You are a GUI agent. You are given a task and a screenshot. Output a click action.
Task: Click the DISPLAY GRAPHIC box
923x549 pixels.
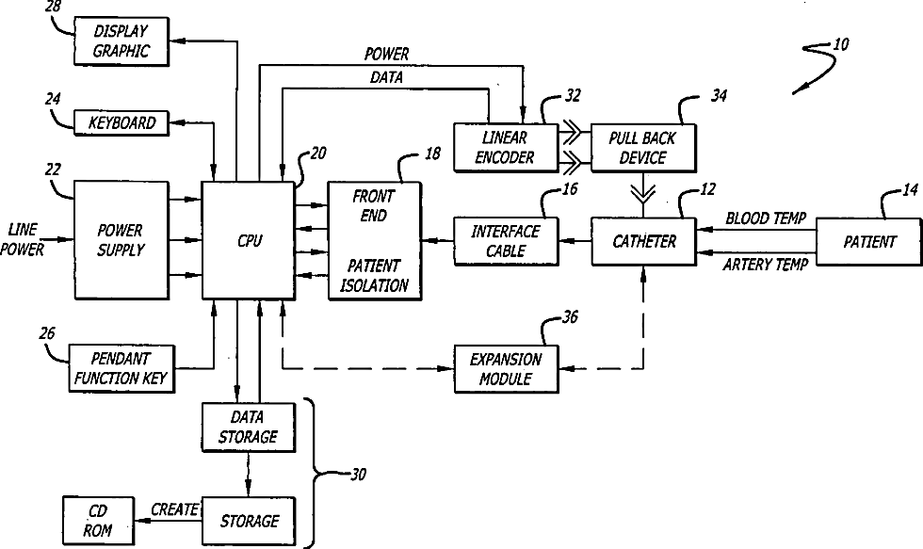pyautogui.click(x=121, y=41)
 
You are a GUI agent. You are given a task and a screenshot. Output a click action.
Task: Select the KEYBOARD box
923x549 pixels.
pyautogui.click(x=121, y=123)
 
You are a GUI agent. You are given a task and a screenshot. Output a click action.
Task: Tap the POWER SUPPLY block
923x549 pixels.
pyautogui.click(x=121, y=240)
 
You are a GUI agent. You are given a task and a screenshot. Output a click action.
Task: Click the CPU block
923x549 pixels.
pyautogui.click(x=248, y=240)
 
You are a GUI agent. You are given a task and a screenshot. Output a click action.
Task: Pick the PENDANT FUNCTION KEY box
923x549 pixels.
pyautogui.click(x=121, y=368)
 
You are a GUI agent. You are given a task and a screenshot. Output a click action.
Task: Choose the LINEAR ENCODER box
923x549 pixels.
pyautogui.click(x=506, y=148)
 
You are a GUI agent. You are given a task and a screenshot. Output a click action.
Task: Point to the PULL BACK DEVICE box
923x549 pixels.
pyautogui.click(x=643, y=148)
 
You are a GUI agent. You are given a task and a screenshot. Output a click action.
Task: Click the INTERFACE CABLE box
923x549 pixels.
pyautogui.click(x=506, y=241)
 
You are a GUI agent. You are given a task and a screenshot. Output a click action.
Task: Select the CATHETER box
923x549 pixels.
pyautogui.click(x=643, y=241)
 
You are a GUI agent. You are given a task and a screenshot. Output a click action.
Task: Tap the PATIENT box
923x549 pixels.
pyautogui.click(x=868, y=241)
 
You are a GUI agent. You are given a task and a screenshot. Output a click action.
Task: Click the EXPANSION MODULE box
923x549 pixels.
pyautogui.click(x=506, y=369)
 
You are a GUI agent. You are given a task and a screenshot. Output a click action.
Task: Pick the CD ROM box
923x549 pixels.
pyautogui.click(x=98, y=521)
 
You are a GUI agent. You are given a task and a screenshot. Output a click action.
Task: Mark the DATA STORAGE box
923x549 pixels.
pyautogui.click(x=248, y=428)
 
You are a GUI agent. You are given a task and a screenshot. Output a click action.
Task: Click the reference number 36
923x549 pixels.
pyautogui.click(x=570, y=317)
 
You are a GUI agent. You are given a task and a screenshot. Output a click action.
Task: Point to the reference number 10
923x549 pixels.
pyautogui.click(x=841, y=44)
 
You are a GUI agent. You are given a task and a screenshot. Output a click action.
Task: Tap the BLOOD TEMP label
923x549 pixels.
pyautogui.click(x=765, y=218)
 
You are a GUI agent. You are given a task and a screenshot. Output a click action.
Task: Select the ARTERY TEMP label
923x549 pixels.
pyautogui.click(x=765, y=265)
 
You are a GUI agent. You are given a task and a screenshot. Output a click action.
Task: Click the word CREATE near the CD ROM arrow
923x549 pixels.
pyautogui.click(x=175, y=509)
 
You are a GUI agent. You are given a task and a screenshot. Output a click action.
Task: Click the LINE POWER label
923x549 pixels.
pyautogui.click(x=23, y=239)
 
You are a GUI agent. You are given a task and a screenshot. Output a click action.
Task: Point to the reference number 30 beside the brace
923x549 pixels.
pyautogui.click(x=358, y=475)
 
